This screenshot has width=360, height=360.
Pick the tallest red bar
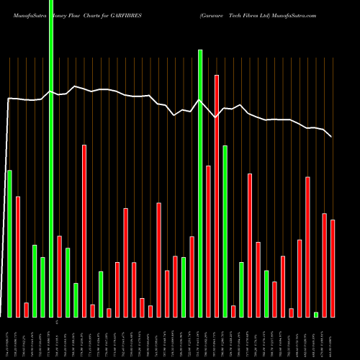tap(217, 195)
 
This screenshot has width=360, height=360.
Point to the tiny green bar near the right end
tap(316, 314)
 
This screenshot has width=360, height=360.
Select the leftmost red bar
tap(18, 256)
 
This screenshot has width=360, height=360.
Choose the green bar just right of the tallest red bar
tap(225, 230)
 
